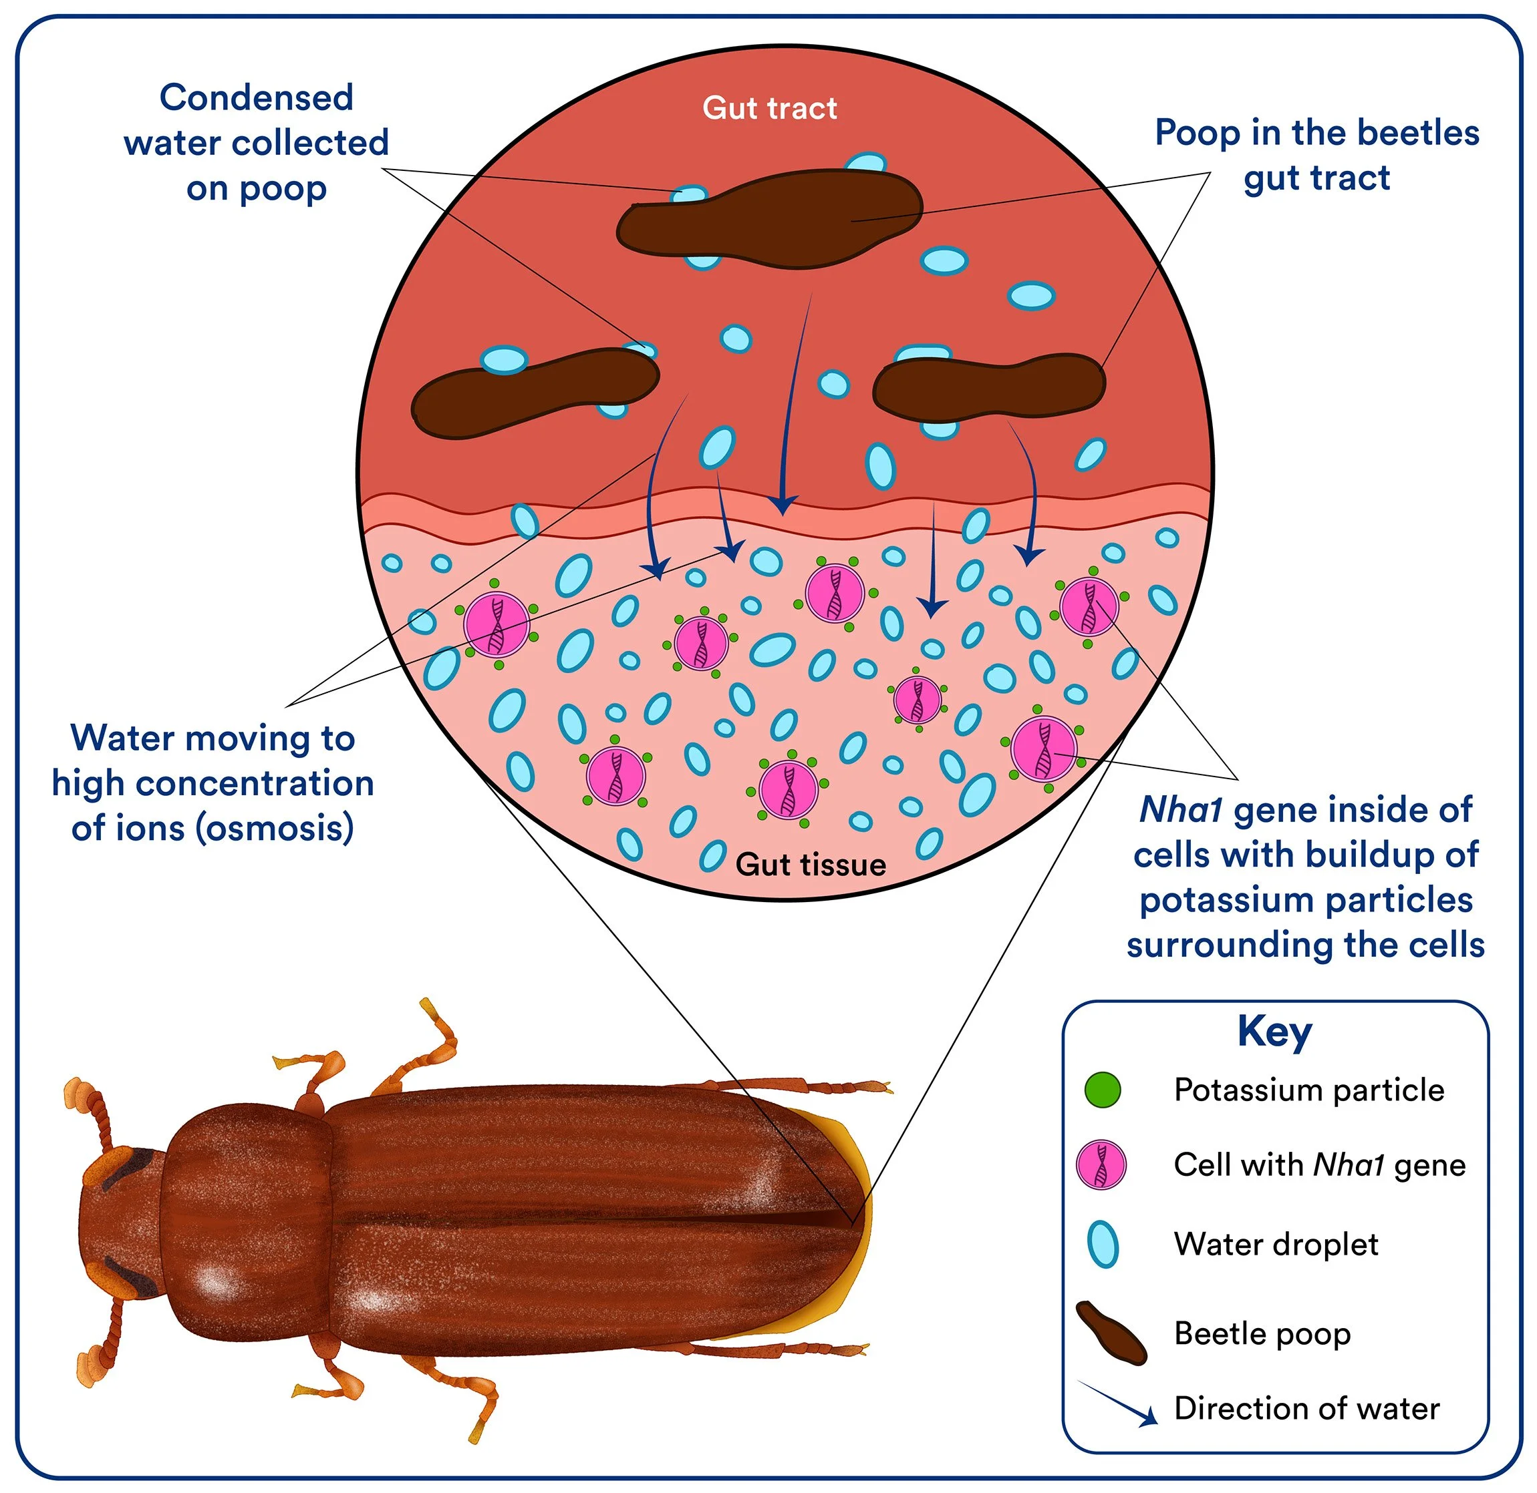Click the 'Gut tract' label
769,108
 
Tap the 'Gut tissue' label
810,864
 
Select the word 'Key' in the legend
1274,1031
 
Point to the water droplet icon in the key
1103,1245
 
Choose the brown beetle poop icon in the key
1110,1333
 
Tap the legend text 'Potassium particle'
1308,1090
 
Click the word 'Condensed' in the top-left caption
256,98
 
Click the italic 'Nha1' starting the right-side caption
1180,809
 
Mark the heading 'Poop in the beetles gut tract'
1316,156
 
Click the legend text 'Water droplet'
1275,1245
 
